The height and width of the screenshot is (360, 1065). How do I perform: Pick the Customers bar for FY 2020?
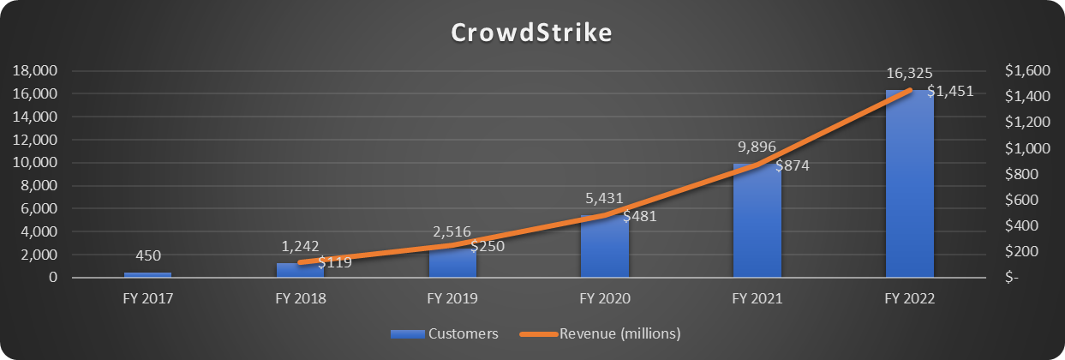[605, 249]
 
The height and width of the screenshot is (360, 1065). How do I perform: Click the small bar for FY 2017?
[147, 274]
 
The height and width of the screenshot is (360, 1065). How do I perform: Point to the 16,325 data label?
[910, 74]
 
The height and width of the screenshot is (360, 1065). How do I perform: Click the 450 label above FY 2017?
[147, 255]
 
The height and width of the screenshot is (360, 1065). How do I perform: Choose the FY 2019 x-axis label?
[452, 299]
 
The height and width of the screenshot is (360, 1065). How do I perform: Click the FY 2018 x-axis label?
[300, 299]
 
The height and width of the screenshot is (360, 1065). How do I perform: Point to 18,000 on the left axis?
[33, 70]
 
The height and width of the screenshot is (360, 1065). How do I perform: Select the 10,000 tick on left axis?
[33, 163]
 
